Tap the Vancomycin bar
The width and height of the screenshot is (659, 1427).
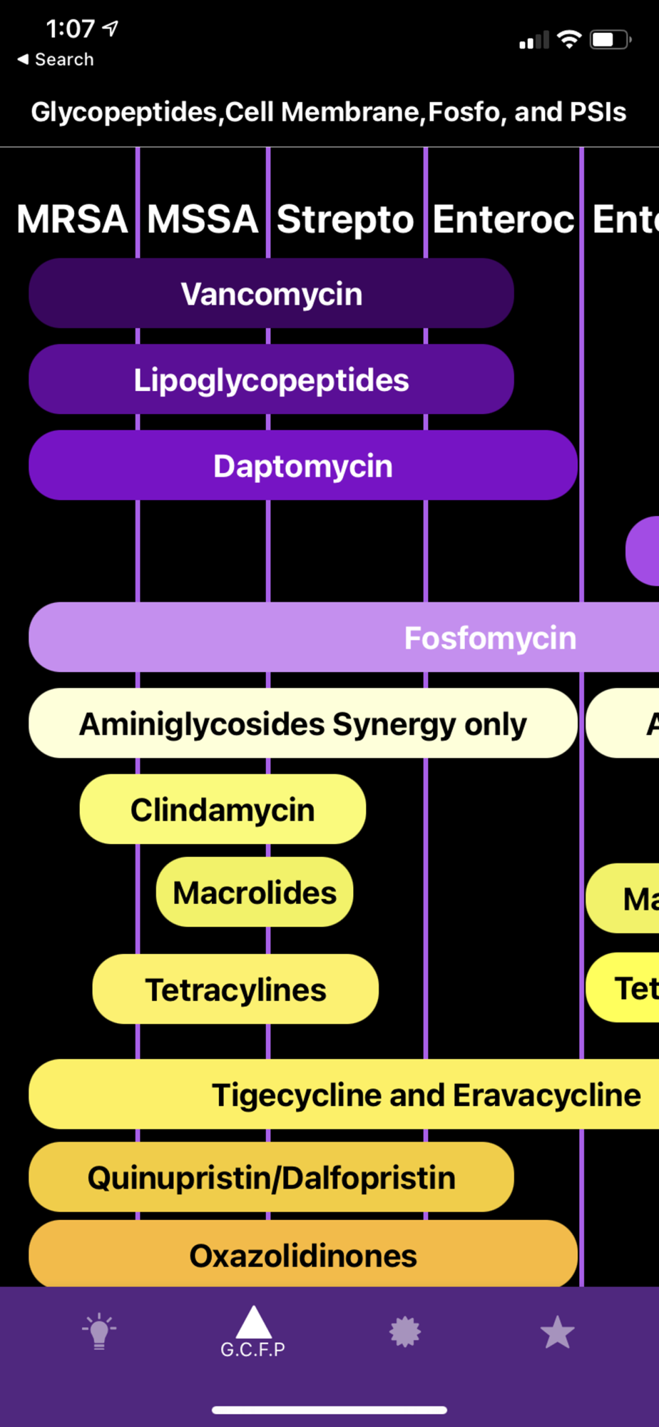pyautogui.click(x=271, y=294)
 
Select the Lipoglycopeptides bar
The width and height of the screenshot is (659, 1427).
pyautogui.click(x=271, y=380)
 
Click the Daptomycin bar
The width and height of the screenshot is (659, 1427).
pyautogui.click(x=302, y=466)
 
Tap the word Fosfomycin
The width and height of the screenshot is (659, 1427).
pyautogui.click(x=490, y=638)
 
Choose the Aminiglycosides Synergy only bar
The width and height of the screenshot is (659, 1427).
pyautogui.click(x=302, y=723)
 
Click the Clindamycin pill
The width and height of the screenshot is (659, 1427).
pyautogui.click(x=223, y=810)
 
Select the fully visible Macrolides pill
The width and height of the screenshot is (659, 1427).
pyautogui.click(x=255, y=893)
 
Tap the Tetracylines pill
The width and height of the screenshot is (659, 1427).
pyautogui.click(x=235, y=990)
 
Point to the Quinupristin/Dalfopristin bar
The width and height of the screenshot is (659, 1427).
pyautogui.click(x=271, y=1177)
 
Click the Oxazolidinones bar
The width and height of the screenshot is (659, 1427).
pyautogui.click(x=302, y=1256)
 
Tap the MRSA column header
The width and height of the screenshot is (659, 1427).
pyautogui.click(x=72, y=219)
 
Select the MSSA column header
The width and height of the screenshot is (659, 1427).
pyautogui.click(x=203, y=219)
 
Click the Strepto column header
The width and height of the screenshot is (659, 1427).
pyautogui.click(x=345, y=219)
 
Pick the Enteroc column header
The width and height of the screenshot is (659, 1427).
pyautogui.click(x=503, y=219)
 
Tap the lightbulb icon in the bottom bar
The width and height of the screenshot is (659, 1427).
pyautogui.click(x=99, y=1331)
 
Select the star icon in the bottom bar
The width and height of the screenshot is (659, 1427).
pyautogui.click(x=557, y=1333)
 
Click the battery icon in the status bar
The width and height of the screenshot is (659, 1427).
pyautogui.click(x=610, y=39)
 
